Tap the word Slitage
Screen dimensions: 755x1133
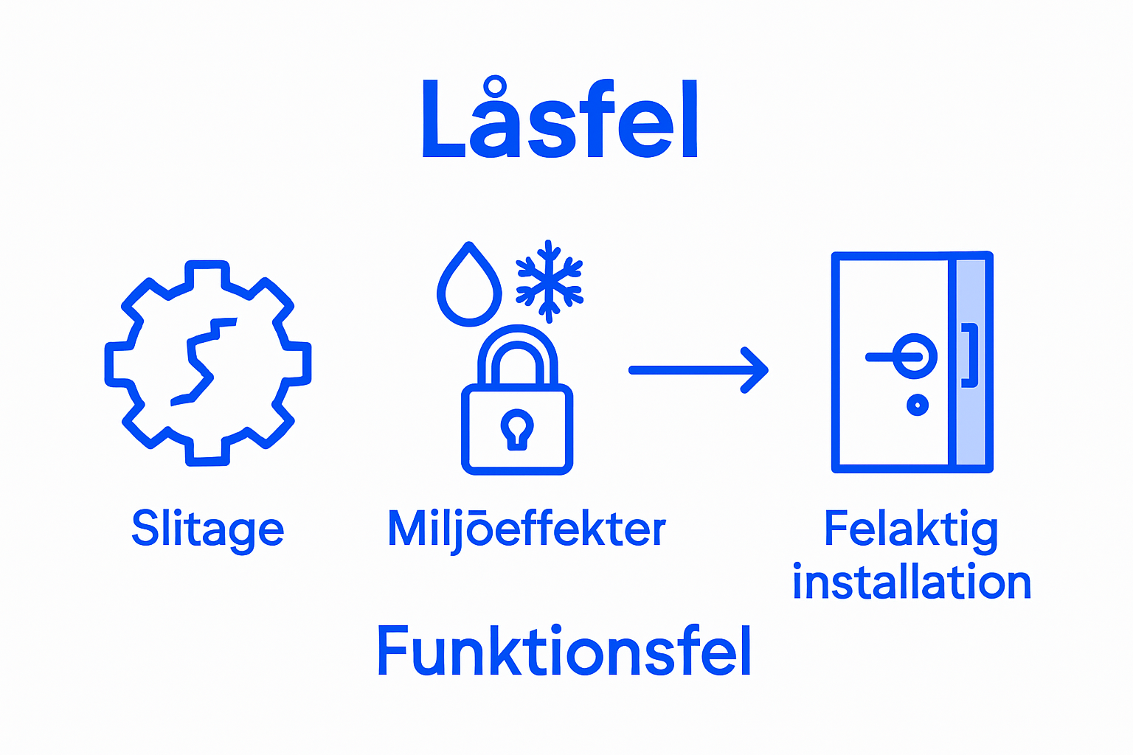[x=207, y=529]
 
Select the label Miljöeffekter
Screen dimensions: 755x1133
[x=526, y=529]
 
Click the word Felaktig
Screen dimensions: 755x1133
[x=910, y=529]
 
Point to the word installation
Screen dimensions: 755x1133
[x=912, y=582]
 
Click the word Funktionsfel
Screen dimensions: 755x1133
[x=564, y=651]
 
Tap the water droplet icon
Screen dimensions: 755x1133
[x=469, y=288]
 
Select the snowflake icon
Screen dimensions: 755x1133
[x=549, y=281]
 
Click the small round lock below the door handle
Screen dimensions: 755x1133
[x=918, y=405]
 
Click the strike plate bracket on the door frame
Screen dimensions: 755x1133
[x=970, y=355]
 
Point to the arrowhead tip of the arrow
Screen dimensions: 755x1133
[x=766, y=370]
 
